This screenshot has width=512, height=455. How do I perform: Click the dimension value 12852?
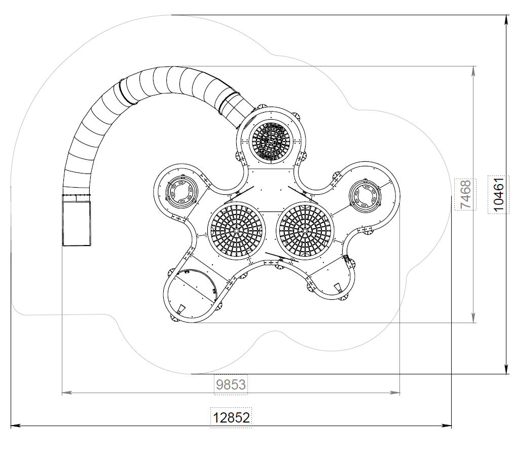pos(231,417)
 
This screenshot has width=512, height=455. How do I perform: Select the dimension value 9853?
pos(231,384)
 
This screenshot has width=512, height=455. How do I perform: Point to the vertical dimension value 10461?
pos(499,195)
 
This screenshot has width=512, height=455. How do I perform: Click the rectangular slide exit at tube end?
pos(77,223)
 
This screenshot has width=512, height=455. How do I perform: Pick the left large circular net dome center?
pos(236,231)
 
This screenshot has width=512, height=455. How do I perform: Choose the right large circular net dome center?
pos(305,231)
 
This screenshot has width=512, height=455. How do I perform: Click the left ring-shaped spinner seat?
pos(181,192)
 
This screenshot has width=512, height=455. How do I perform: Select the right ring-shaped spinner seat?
pos(364,196)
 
